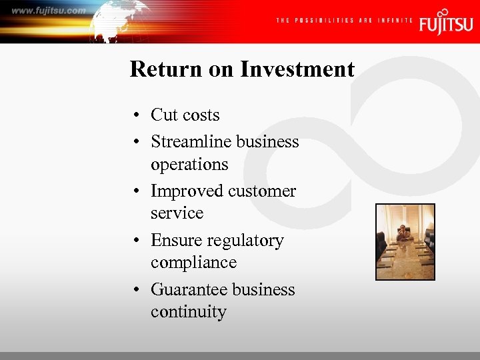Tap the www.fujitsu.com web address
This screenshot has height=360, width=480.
[x=49, y=11]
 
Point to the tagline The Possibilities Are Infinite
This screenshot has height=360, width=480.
[x=345, y=21]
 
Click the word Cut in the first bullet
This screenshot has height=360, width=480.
[x=164, y=115]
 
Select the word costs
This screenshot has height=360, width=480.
[x=201, y=115]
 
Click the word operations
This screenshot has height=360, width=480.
[x=189, y=164]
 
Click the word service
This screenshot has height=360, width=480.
[x=177, y=213]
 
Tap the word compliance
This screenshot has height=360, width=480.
[x=193, y=263]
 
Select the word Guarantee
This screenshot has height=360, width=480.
[x=185, y=289]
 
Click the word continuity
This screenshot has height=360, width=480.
[x=188, y=312]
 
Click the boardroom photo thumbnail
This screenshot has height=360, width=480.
[x=405, y=241]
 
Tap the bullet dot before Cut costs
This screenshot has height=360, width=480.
[x=135, y=116]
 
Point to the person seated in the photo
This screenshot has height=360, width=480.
[x=403, y=233]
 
